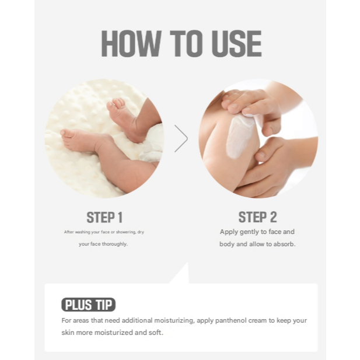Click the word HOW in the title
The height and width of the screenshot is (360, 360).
click(x=131, y=43)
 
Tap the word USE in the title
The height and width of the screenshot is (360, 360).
click(x=236, y=43)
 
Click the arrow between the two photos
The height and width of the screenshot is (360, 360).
click(x=181, y=138)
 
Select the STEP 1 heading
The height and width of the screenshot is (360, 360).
click(x=104, y=218)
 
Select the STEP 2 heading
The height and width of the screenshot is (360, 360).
click(x=258, y=217)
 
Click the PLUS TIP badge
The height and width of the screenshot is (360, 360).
click(x=88, y=305)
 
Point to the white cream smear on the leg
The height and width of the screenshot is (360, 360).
click(x=240, y=137)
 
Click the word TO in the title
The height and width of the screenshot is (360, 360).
click(x=186, y=43)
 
